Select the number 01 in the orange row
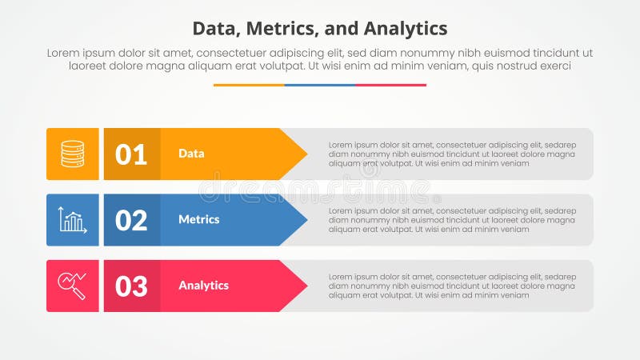(x=131, y=154)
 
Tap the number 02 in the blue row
(x=131, y=220)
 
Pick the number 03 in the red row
(x=131, y=286)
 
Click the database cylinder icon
(x=72, y=154)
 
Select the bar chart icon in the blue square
(x=72, y=220)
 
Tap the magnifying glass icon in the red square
(x=72, y=286)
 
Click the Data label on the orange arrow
(x=191, y=154)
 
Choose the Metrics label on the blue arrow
(x=198, y=220)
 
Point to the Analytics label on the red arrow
(x=203, y=286)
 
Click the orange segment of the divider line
(x=249, y=85)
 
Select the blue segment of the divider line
(x=320, y=85)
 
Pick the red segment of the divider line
(x=390, y=85)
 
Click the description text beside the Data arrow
(x=451, y=154)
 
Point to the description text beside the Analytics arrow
(x=451, y=286)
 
